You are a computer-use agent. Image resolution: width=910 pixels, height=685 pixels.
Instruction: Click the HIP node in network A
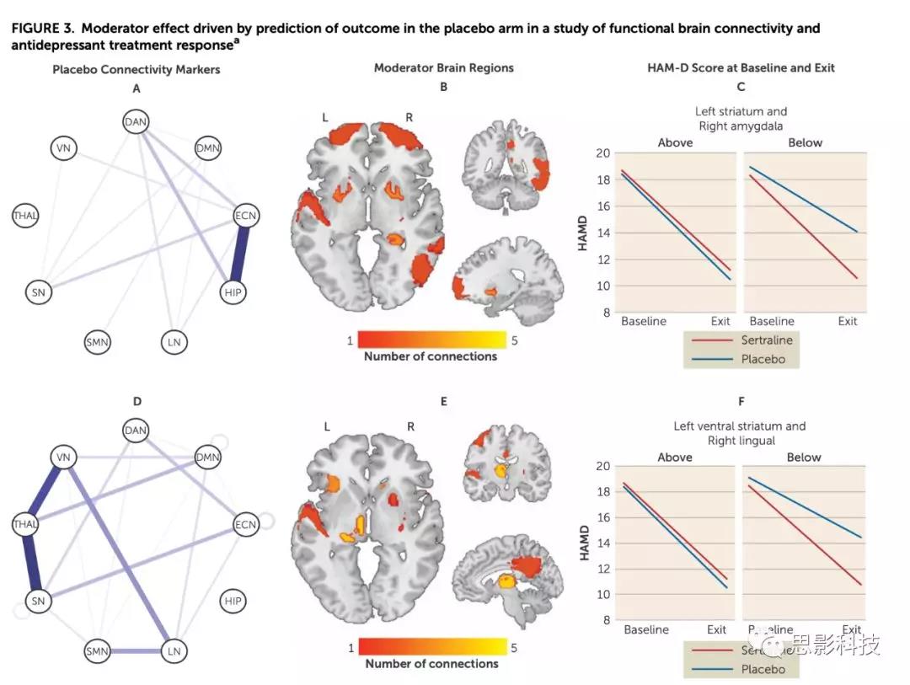(234, 292)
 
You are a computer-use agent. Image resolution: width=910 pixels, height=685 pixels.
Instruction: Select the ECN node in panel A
(246, 217)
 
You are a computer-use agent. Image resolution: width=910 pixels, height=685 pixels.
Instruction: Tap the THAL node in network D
(25, 525)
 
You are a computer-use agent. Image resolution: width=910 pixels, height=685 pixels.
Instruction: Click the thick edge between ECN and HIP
(240, 254)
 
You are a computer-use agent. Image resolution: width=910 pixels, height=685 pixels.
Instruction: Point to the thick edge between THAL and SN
(31, 563)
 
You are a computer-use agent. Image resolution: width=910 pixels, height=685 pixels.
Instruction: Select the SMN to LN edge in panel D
(136, 651)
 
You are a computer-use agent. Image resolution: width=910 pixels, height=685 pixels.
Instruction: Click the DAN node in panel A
(136, 122)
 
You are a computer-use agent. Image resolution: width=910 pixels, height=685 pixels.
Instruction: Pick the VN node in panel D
(62, 458)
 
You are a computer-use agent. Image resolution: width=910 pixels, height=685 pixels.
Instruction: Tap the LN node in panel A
(174, 342)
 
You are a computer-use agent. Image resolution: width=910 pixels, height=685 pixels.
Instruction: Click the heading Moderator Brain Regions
(443, 67)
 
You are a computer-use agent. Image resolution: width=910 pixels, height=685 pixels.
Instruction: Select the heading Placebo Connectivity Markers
(136, 69)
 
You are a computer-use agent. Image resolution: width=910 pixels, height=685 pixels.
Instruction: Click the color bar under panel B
(431, 340)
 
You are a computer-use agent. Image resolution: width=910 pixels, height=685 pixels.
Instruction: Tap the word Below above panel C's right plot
(804, 142)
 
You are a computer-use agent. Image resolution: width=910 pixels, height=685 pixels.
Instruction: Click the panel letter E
(443, 401)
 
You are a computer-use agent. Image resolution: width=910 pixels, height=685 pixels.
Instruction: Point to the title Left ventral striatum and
(739, 426)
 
